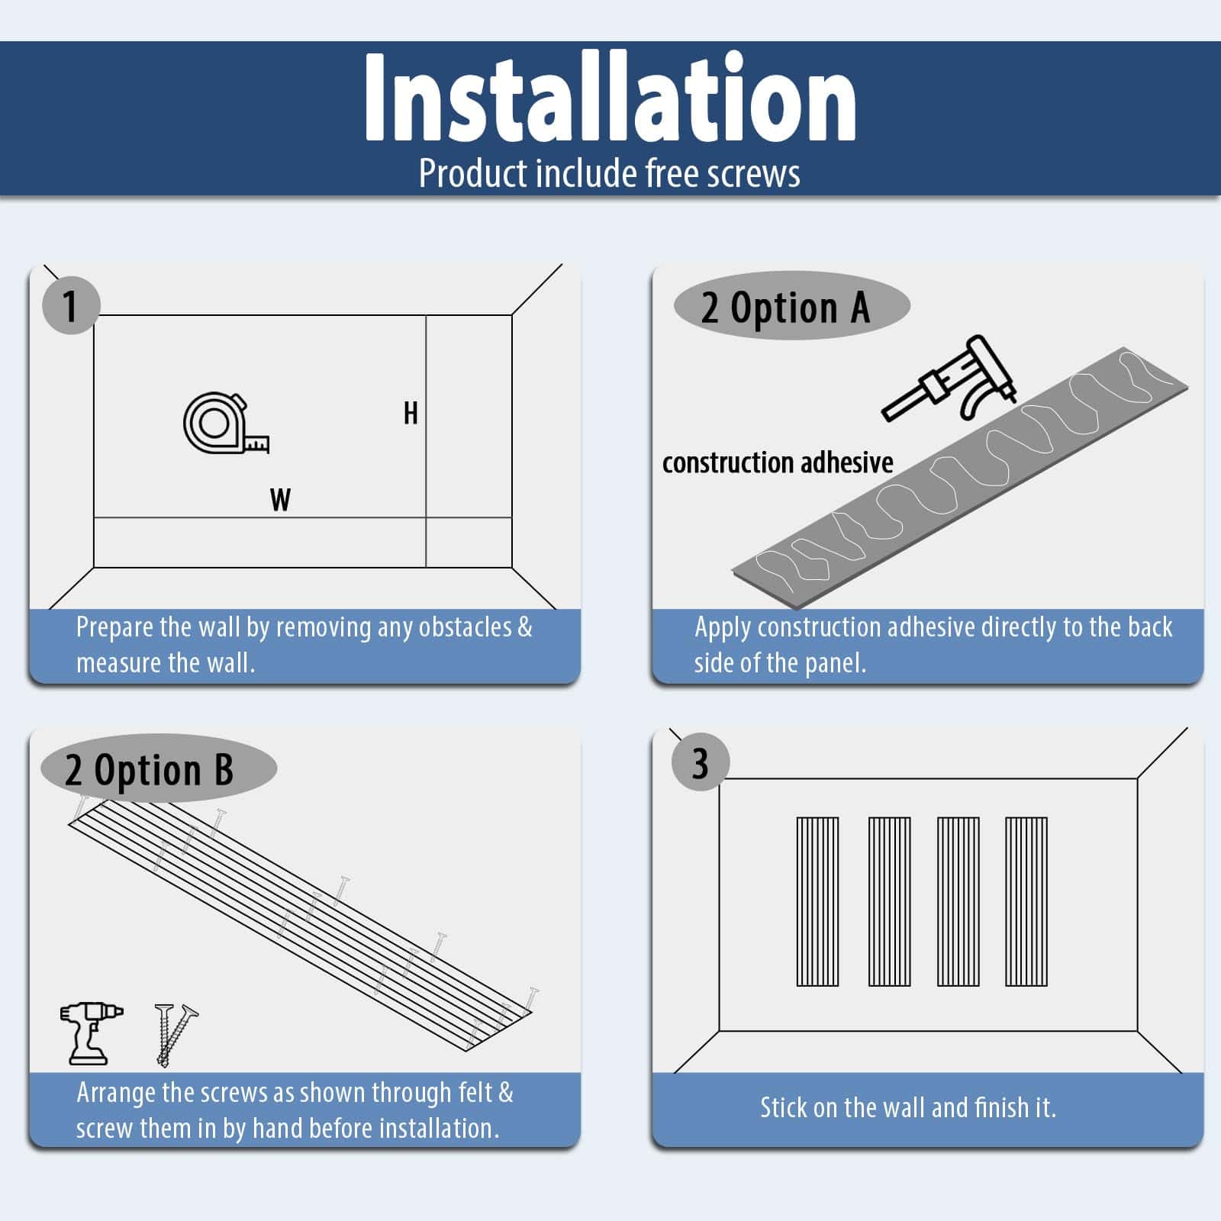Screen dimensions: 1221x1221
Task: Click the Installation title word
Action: click(x=610, y=98)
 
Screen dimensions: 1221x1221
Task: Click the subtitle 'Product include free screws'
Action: click(x=610, y=173)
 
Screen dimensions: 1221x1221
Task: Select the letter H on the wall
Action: click(x=411, y=414)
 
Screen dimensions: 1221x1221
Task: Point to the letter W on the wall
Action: click(x=280, y=500)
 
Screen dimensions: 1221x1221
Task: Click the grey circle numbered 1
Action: click(x=71, y=305)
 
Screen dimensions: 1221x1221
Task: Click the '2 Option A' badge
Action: click(x=791, y=307)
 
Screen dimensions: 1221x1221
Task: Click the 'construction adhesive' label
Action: click(x=778, y=462)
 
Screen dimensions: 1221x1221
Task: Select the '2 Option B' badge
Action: click(x=158, y=768)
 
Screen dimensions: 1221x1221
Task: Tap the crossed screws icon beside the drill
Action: click(x=176, y=1035)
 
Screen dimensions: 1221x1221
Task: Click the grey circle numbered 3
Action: click(x=701, y=762)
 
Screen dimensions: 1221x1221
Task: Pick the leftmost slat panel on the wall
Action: click(x=817, y=902)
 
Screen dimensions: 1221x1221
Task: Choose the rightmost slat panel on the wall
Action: click(x=1026, y=902)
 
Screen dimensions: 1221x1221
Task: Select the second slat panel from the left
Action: click(x=889, y=902)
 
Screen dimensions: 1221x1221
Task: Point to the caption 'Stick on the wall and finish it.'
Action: click(x=908, y=1107)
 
